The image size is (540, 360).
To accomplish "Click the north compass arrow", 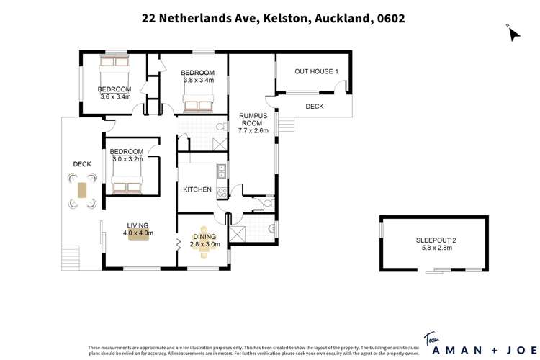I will tap(513, 33).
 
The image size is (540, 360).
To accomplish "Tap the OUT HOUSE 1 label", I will tap(316, 72).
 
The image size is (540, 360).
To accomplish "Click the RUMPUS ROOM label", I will tap(253, 119).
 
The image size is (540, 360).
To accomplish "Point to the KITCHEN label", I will tap(197, 190).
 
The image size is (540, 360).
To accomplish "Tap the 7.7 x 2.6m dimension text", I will tap(253, 131).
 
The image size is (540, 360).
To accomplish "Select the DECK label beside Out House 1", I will tap(314, 107).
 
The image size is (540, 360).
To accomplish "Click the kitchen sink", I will tap(222, 171).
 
